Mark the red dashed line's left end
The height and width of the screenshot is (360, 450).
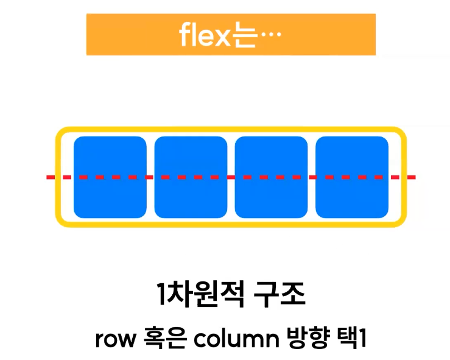[x=49, y=177]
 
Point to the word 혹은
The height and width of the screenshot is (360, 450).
[x=158, y=339]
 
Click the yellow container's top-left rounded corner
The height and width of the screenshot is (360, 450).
[x=61, y=133]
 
